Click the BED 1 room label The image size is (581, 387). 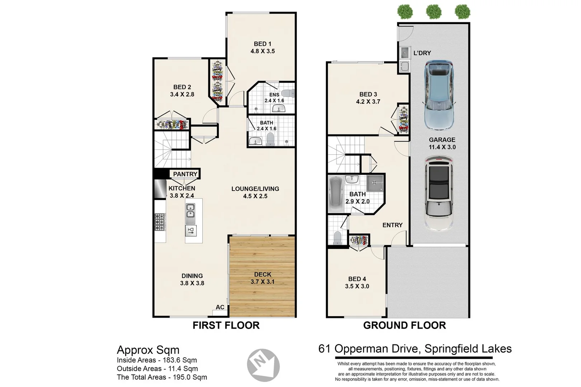click(263, 44)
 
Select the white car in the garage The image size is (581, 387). click(439, 193)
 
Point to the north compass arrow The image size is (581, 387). click(263, 365)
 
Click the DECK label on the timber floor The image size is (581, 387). click(263, 274)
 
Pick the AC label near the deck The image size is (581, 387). click(220, 307)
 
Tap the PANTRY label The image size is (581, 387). click(185, 174)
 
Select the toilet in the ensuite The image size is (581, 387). click(288, 93)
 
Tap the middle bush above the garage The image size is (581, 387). click(433, 12)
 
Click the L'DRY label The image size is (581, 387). click(422, 53)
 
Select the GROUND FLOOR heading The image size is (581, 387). click(404, 325)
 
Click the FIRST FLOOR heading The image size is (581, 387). click(226, 325)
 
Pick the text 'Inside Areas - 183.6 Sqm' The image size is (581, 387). click(157, 360)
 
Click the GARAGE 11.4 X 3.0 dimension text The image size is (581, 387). click(442, 143)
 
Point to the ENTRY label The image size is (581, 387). click(392, 225)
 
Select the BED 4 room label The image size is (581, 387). click(357, 279)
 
